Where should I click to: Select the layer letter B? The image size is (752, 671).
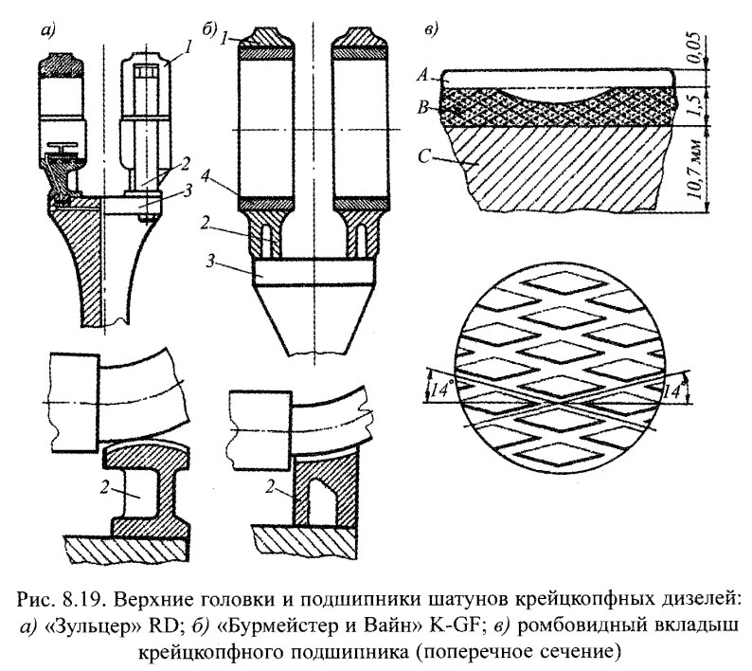[x=426, y=108]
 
